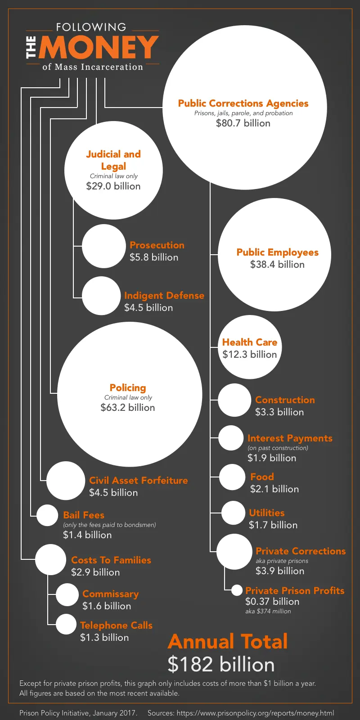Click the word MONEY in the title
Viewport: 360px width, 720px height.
click(99, 47)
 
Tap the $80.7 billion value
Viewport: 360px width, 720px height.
click(243, 123)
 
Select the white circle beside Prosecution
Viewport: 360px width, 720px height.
click(104, 246)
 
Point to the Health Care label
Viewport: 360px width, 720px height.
click(250, 342)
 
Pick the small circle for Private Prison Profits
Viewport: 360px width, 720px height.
click(237, 590)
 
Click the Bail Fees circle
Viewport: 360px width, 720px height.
click(47, 515)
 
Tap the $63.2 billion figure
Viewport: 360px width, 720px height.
click(128, 408)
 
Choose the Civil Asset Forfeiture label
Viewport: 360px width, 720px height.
click(139, 481)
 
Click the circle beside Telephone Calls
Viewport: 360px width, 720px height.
click(66, 624)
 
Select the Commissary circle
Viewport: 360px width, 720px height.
click(67, 594)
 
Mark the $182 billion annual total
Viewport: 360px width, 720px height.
click(221, 665)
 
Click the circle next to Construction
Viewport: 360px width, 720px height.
click(234, 400)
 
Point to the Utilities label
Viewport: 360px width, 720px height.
click(267, 513)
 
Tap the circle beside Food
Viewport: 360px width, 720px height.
click(232, 477)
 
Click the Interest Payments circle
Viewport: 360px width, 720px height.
click(231, 438)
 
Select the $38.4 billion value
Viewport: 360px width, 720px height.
click(277, 265)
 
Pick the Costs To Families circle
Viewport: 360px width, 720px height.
click(51, 559)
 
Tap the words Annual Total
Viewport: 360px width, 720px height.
click(228, 642)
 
